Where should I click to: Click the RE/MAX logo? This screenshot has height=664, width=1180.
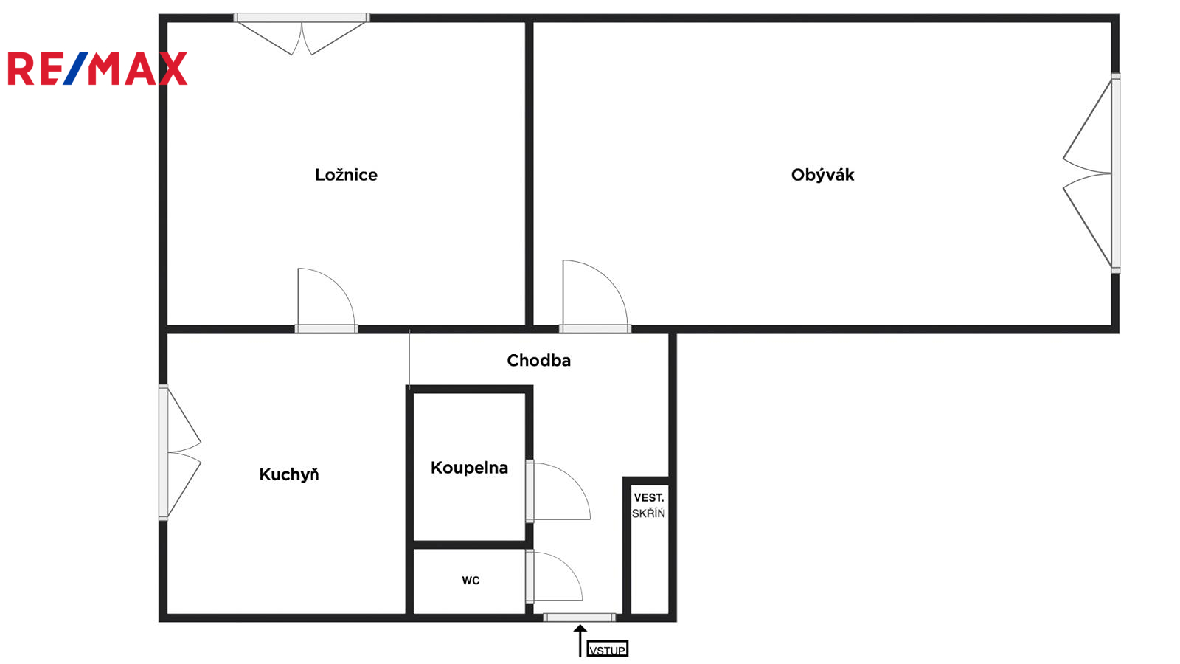tap(97, 69)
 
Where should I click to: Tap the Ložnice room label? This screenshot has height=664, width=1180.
tap(346, 175)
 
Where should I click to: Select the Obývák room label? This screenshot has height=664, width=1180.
tap(822, 175)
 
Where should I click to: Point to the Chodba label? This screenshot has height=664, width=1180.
tap(538, 361)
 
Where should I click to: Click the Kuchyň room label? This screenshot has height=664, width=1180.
tap(288, 474)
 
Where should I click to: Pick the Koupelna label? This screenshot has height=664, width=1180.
tap(469, 468)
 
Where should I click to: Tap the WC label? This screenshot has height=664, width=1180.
tap(471, 581)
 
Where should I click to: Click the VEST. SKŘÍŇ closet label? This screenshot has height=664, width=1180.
tap(648, 505)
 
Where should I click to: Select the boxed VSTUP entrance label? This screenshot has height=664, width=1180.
tap(608, 650)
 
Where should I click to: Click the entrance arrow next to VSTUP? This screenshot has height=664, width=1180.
tap(580, 641)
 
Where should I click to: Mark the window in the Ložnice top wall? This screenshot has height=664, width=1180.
tap(302, 18)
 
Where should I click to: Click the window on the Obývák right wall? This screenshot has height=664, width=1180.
tap(1116, 173)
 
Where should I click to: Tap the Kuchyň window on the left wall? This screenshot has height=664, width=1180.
tap(163, 453)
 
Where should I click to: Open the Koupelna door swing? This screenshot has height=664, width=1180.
tap(558, 491)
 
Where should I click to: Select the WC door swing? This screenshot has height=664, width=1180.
tap(554, 576)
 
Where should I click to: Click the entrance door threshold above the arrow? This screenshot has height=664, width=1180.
tap(580, 617)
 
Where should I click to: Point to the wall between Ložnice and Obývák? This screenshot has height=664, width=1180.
tap(529, 173)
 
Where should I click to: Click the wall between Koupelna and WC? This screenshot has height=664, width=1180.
tap(469, 544)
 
